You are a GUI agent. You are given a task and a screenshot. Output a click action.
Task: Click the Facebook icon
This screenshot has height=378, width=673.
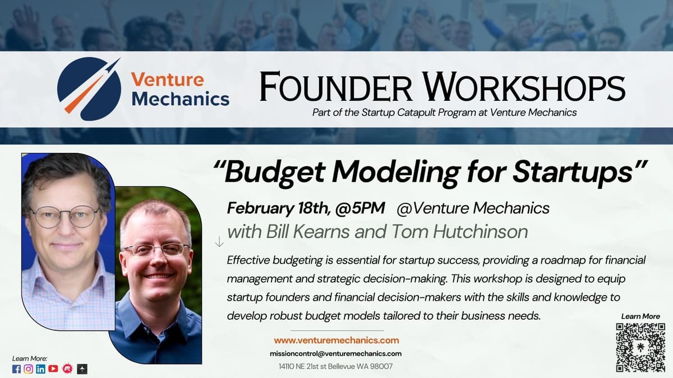coord(16,369)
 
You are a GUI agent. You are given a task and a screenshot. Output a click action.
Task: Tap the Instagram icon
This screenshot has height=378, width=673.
coord(28,369)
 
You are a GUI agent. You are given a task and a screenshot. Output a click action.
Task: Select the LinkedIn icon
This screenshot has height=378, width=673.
coord(40,369)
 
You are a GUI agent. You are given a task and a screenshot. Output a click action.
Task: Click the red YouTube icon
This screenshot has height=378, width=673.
coord(53,368)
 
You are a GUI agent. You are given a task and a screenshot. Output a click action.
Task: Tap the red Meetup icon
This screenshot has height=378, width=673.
coord(67,368)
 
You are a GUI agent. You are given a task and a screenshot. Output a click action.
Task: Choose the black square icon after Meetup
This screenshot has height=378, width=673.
coord(82,369)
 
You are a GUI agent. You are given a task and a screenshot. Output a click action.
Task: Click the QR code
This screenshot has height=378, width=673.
coord(640,347)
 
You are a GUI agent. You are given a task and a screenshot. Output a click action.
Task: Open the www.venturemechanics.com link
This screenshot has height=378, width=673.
coord(336,340)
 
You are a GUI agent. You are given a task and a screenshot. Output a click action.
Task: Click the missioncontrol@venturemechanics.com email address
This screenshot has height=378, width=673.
coord(335,354)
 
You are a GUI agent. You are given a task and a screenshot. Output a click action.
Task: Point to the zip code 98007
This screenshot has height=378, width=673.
coord(381,367)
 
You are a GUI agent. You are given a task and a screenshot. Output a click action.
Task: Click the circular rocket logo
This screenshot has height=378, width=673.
coord(89,89)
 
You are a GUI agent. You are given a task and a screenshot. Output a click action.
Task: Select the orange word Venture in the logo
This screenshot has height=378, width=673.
coord(168,80)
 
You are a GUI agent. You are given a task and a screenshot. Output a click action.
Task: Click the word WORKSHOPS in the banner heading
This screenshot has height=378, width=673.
coord(524,87)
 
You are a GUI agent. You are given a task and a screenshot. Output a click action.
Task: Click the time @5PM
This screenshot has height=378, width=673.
coord(360,208)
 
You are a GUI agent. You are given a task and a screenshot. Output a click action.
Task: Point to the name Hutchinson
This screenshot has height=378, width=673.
coord(481,232)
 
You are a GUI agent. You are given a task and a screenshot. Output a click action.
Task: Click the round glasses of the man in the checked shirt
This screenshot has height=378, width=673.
coord(65,216)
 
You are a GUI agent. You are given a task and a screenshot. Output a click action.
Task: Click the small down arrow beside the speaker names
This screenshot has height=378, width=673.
coord(219,241)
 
